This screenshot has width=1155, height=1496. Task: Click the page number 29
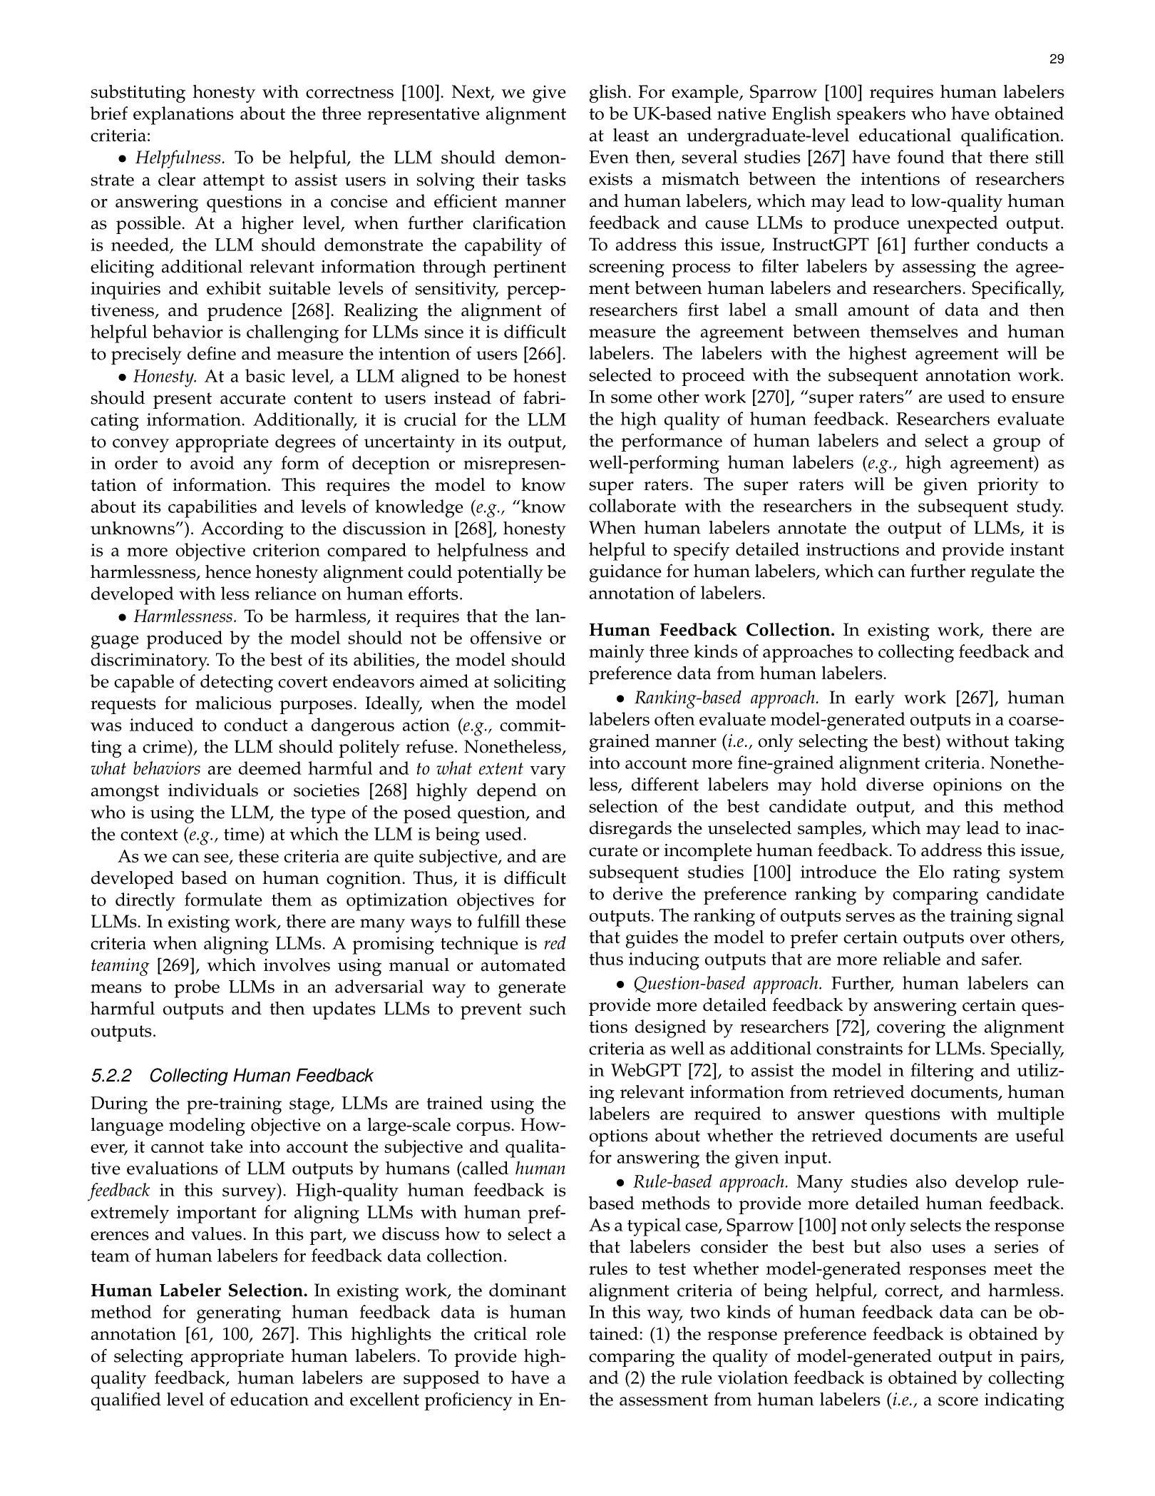[1057, 60]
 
